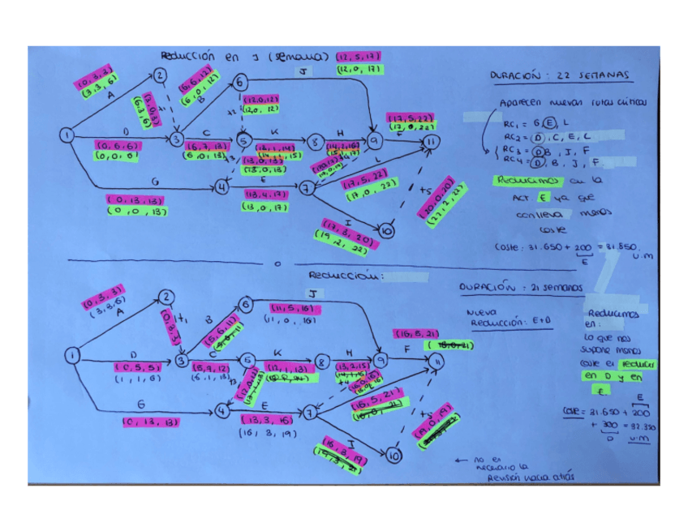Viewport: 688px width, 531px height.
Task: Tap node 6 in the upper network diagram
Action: [241, 82]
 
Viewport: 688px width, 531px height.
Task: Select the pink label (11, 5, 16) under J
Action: [293, 309]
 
